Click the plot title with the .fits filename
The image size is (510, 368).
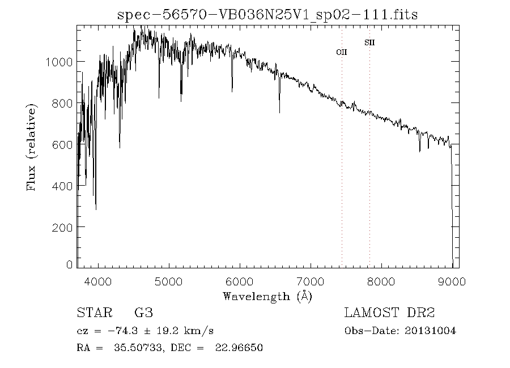[267, 15]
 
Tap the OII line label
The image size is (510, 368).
[342, 52]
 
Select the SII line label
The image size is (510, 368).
[369, 42]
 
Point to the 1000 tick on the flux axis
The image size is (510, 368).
[58, 62]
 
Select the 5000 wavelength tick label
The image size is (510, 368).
[169, 280]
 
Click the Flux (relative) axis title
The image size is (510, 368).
[31, 147]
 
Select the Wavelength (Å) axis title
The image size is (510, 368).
[267, 296]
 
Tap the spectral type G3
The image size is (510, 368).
[143, 313]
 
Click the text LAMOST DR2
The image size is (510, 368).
[389, 313]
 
